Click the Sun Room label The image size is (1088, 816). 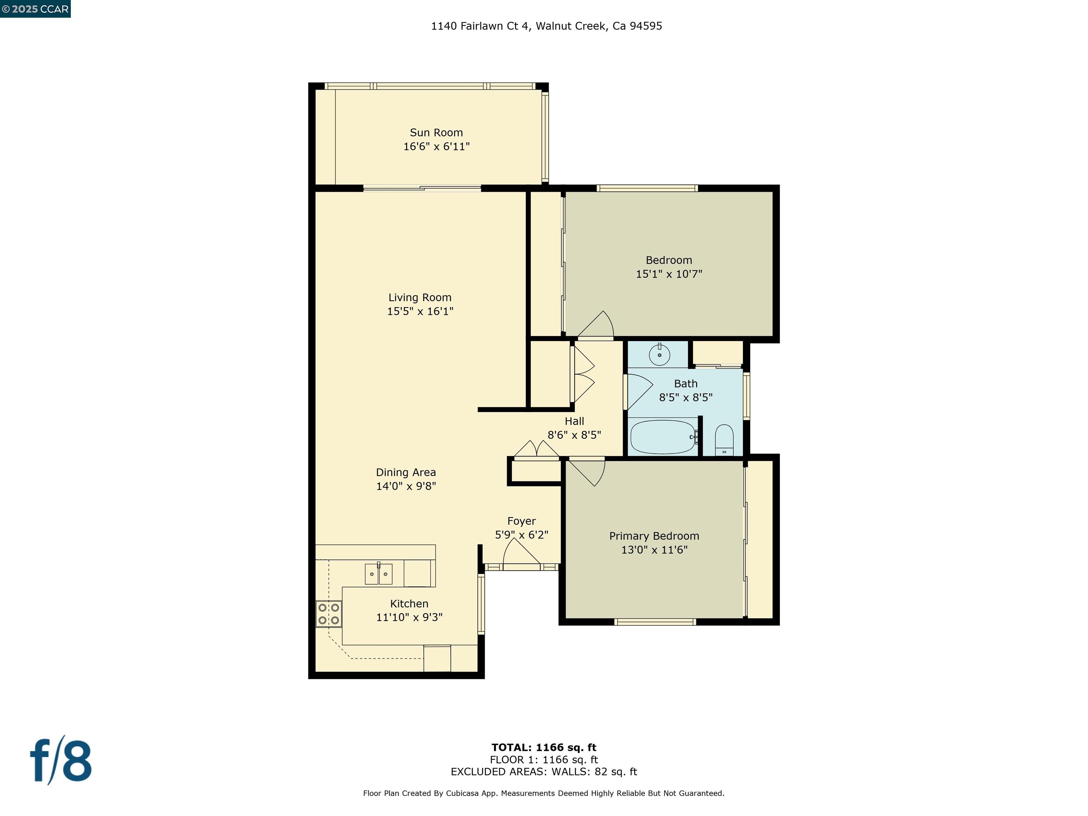[x=436, y=133]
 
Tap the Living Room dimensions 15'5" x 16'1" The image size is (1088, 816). [x=420, y=311]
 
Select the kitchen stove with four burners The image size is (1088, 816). [x=329, y=614]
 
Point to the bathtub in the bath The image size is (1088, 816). [x=663, y=437]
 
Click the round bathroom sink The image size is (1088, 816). [x=659, y=355]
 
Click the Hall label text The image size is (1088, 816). [x=574, y=421]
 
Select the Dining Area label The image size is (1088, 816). [x=406, y=473]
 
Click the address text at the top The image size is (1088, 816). [x=546, y=26]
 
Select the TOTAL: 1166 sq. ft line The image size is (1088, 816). [x=544, y=748]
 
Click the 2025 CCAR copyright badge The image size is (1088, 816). [x=35, y=9]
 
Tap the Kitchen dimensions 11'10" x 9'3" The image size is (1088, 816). [x=409, y=617]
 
